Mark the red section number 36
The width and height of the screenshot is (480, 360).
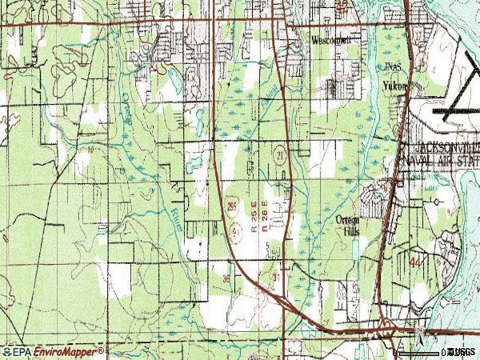point(227,278)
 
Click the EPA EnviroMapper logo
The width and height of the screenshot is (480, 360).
point(53,351)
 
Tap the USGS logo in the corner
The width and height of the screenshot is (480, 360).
point(462,351)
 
